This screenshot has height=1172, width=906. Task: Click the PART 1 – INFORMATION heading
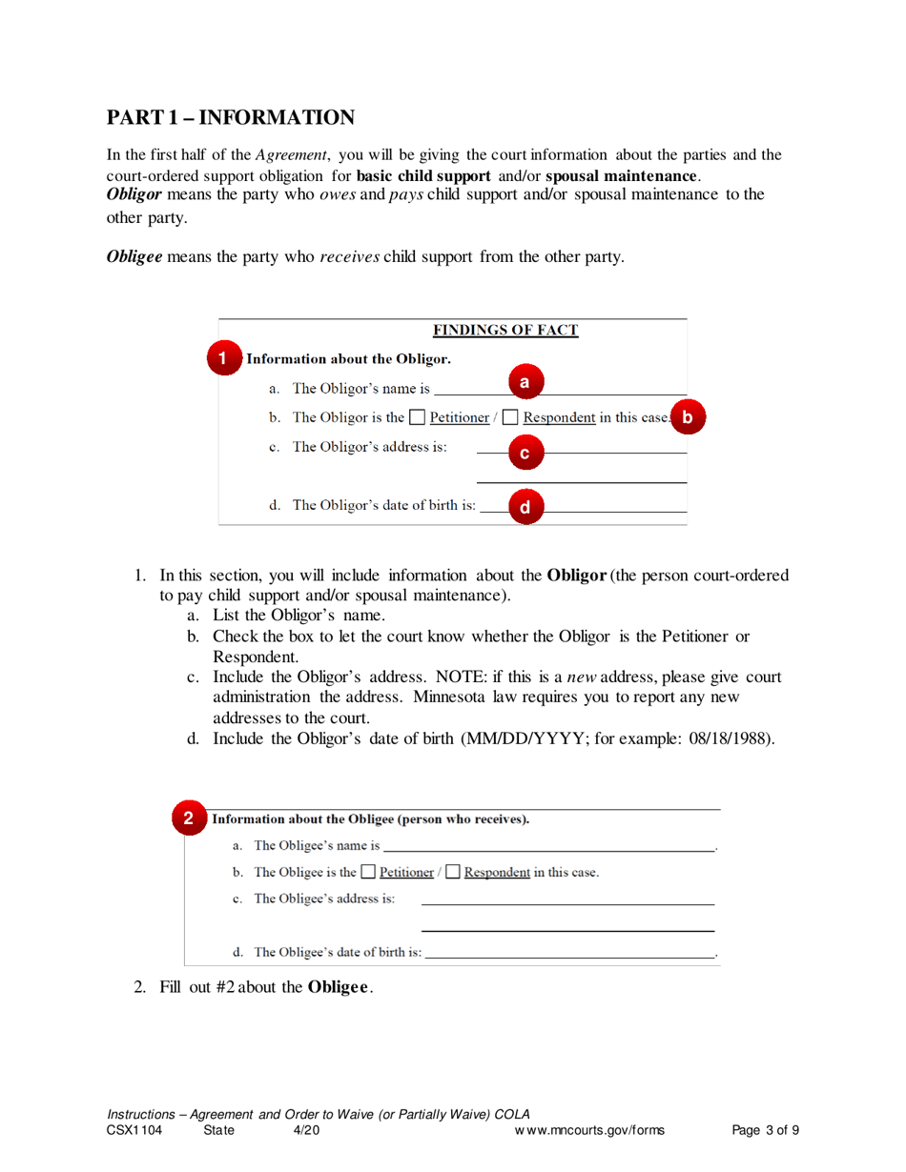pyautogui.click(x=231, y=117)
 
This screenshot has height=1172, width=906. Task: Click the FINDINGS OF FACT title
pyautogui.click(x=505, y=331)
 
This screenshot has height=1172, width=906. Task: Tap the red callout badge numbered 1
pyautogui.click(x=221, y=359)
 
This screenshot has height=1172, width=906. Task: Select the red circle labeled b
pyautogui.click(x=687, y=416)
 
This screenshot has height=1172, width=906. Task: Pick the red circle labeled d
pyautogui.click(x=524, y=507)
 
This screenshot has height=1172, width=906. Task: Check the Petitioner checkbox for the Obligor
pyautogui.click(x=417, y=417)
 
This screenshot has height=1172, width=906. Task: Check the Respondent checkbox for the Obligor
pyautogui.click(x=510, y=417)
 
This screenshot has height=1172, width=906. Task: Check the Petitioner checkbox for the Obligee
pyautogui.click(x=368, y=872)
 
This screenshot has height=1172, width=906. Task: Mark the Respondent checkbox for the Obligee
pyautogui.click(x=453, y=872)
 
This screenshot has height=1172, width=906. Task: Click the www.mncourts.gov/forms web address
pyautogui.click(x=589, y=1131)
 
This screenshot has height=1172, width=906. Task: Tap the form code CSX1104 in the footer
pyautogui.click(x=134, y=1131)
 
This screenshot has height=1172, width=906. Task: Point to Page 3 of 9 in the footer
pyautogui.click(x=765, y=1131)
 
